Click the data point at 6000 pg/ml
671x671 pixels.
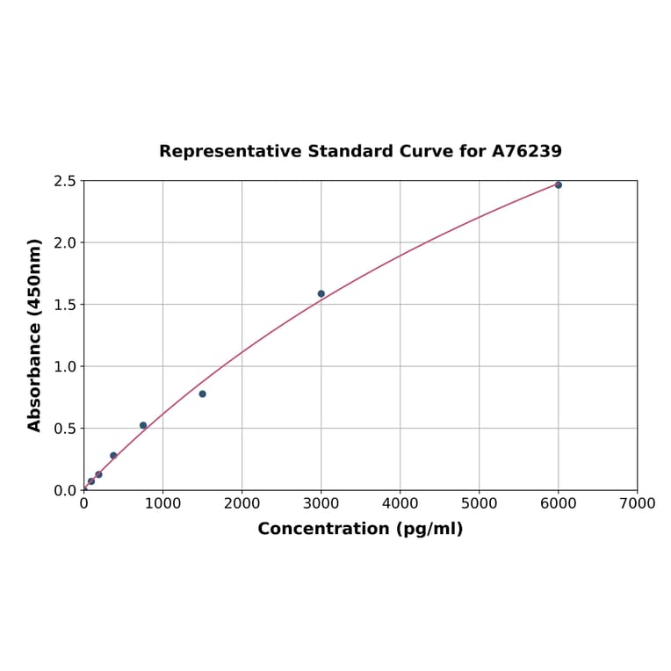pos(558,184)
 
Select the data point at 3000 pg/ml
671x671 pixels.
pos(321,293)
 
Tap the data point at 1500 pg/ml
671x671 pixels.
pos(202,393)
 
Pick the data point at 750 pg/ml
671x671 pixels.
pos(143,425)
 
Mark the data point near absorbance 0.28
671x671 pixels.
pos(113,455)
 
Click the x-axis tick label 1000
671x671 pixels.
pos(162,503)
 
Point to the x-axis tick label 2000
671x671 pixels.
pos(242,503)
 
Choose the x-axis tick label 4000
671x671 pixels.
pos(400,503)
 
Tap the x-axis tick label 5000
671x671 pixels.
pos(479,503)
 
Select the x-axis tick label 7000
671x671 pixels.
pos(637,503)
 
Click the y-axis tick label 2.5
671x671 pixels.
pos(65,181)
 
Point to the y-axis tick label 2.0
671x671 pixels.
pos(65,242)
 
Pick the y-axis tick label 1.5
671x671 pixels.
pos(65,305)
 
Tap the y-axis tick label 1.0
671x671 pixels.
pos(65,366)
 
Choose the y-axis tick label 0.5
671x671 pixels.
pos(65,429)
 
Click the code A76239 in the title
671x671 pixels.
pos(526,151)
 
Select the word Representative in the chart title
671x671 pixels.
pos(230,151)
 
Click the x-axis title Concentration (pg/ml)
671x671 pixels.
pos(360,529)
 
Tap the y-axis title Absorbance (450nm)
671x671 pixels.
pos(35,335)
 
